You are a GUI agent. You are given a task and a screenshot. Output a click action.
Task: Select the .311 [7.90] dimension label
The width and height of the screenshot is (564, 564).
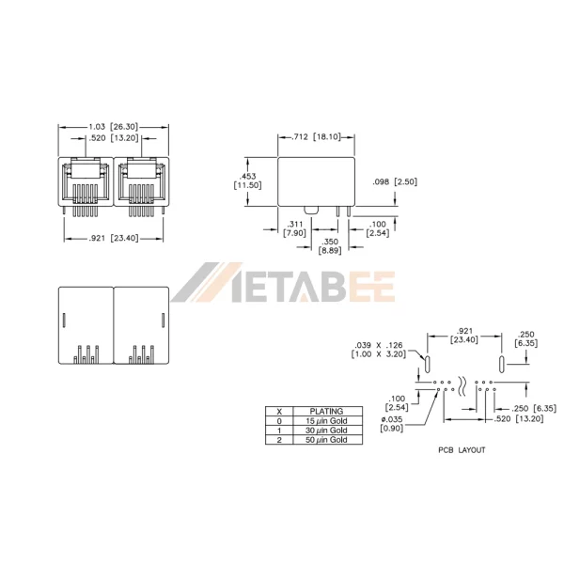294,228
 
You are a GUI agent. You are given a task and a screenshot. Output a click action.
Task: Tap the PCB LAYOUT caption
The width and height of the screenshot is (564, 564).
462,450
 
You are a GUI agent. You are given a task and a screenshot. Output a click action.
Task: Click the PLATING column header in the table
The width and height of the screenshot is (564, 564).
326,411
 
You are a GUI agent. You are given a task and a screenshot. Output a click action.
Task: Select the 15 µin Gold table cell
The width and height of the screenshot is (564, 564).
326,421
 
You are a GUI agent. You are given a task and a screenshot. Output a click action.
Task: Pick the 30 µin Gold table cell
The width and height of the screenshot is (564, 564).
326,431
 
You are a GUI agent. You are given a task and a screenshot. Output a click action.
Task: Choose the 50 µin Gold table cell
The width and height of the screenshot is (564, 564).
326,440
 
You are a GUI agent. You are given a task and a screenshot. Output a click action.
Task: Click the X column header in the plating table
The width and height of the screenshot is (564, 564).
279,411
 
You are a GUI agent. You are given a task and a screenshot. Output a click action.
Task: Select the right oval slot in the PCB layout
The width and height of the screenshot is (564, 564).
501,365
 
